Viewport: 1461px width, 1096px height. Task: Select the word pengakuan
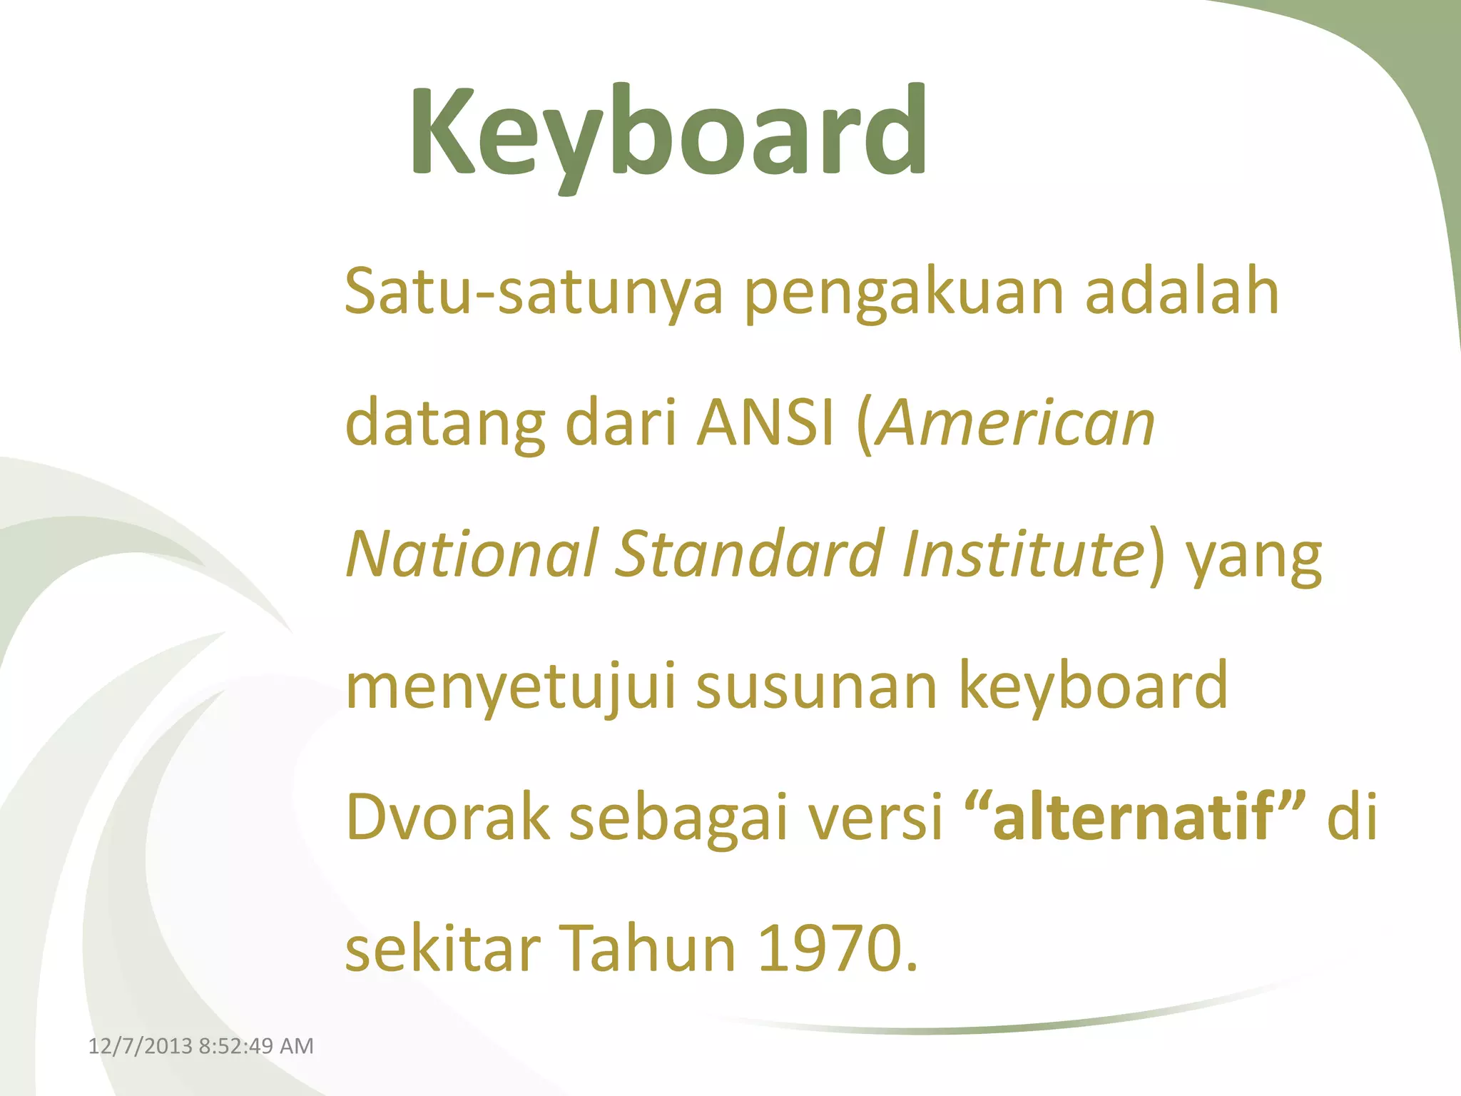pos(904,293)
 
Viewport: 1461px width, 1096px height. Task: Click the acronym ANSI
pos(765,422)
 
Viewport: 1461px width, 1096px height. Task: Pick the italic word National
pos(472,554)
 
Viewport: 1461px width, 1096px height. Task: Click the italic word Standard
pos(749,554)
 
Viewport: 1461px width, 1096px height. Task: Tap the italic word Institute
pos(1022,554)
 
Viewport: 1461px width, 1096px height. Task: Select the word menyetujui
pos(510,687)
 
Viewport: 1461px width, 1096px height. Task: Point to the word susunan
pos(815,687)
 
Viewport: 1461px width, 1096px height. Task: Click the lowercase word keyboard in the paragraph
pos(1093,686)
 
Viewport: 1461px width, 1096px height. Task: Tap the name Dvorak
pos(447,817)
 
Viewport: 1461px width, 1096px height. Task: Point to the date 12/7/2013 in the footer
pos(141,1046)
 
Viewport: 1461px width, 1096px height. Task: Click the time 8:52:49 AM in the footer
pos(256,1046)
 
